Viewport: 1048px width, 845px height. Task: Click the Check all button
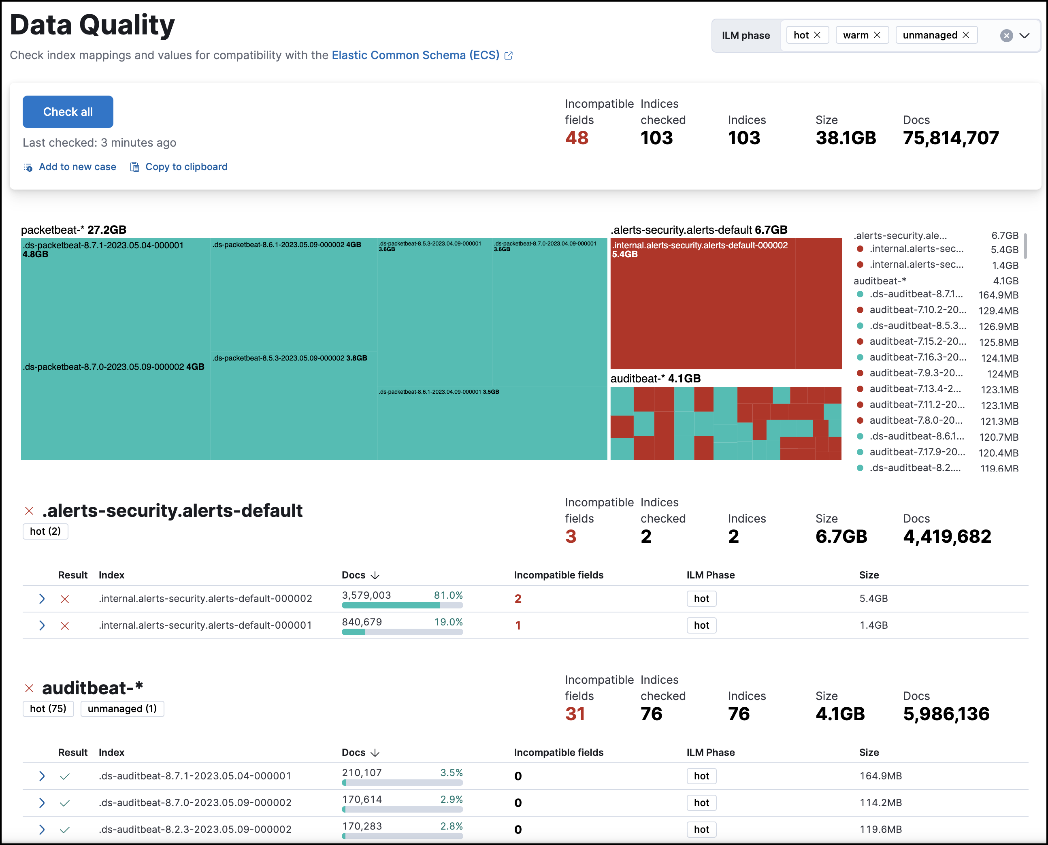tap(68, 111)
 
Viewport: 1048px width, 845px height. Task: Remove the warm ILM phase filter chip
tap(877, 35)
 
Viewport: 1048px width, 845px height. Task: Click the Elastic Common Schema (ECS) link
tap(415, 55)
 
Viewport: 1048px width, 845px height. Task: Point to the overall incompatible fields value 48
tap(577, 138)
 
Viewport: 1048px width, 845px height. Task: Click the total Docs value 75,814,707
tap(950, 138)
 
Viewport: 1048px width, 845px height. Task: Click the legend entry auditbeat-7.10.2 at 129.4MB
tap(917, 310)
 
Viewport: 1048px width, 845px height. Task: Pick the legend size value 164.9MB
tap(998, 295)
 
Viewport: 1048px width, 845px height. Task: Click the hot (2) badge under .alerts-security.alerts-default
tap(45, 531)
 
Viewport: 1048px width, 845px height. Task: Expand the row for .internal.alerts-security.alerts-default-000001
tap(42, 625)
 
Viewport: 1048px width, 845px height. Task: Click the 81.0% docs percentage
tap(448, 595)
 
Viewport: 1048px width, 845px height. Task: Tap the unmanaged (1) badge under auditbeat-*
tap(122, 709)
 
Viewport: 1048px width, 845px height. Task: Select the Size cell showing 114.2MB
tap(880, 802)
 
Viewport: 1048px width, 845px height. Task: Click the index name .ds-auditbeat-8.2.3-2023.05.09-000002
tap(195, 830)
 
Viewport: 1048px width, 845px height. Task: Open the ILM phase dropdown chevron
tap(1024, 35)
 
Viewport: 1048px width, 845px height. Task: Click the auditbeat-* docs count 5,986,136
tap(946, 714)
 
